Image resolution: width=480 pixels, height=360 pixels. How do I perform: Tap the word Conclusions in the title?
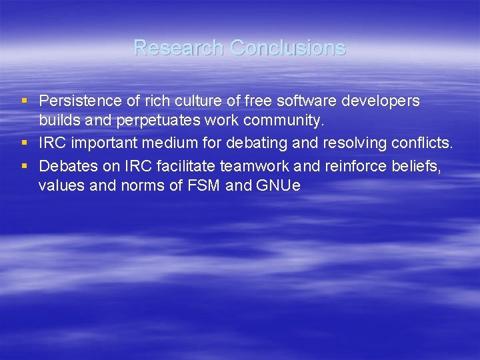288,47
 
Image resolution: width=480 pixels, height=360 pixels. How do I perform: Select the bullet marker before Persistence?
24,101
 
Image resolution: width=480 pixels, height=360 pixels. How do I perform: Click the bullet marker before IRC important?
24,143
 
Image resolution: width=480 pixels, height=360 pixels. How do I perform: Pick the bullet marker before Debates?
24,164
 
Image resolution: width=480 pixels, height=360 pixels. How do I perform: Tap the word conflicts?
423,143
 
